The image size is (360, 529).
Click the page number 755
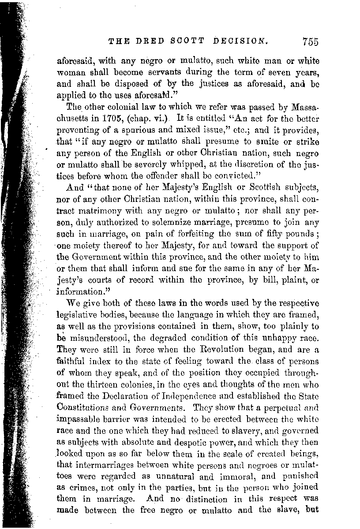(x=310, y=42)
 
